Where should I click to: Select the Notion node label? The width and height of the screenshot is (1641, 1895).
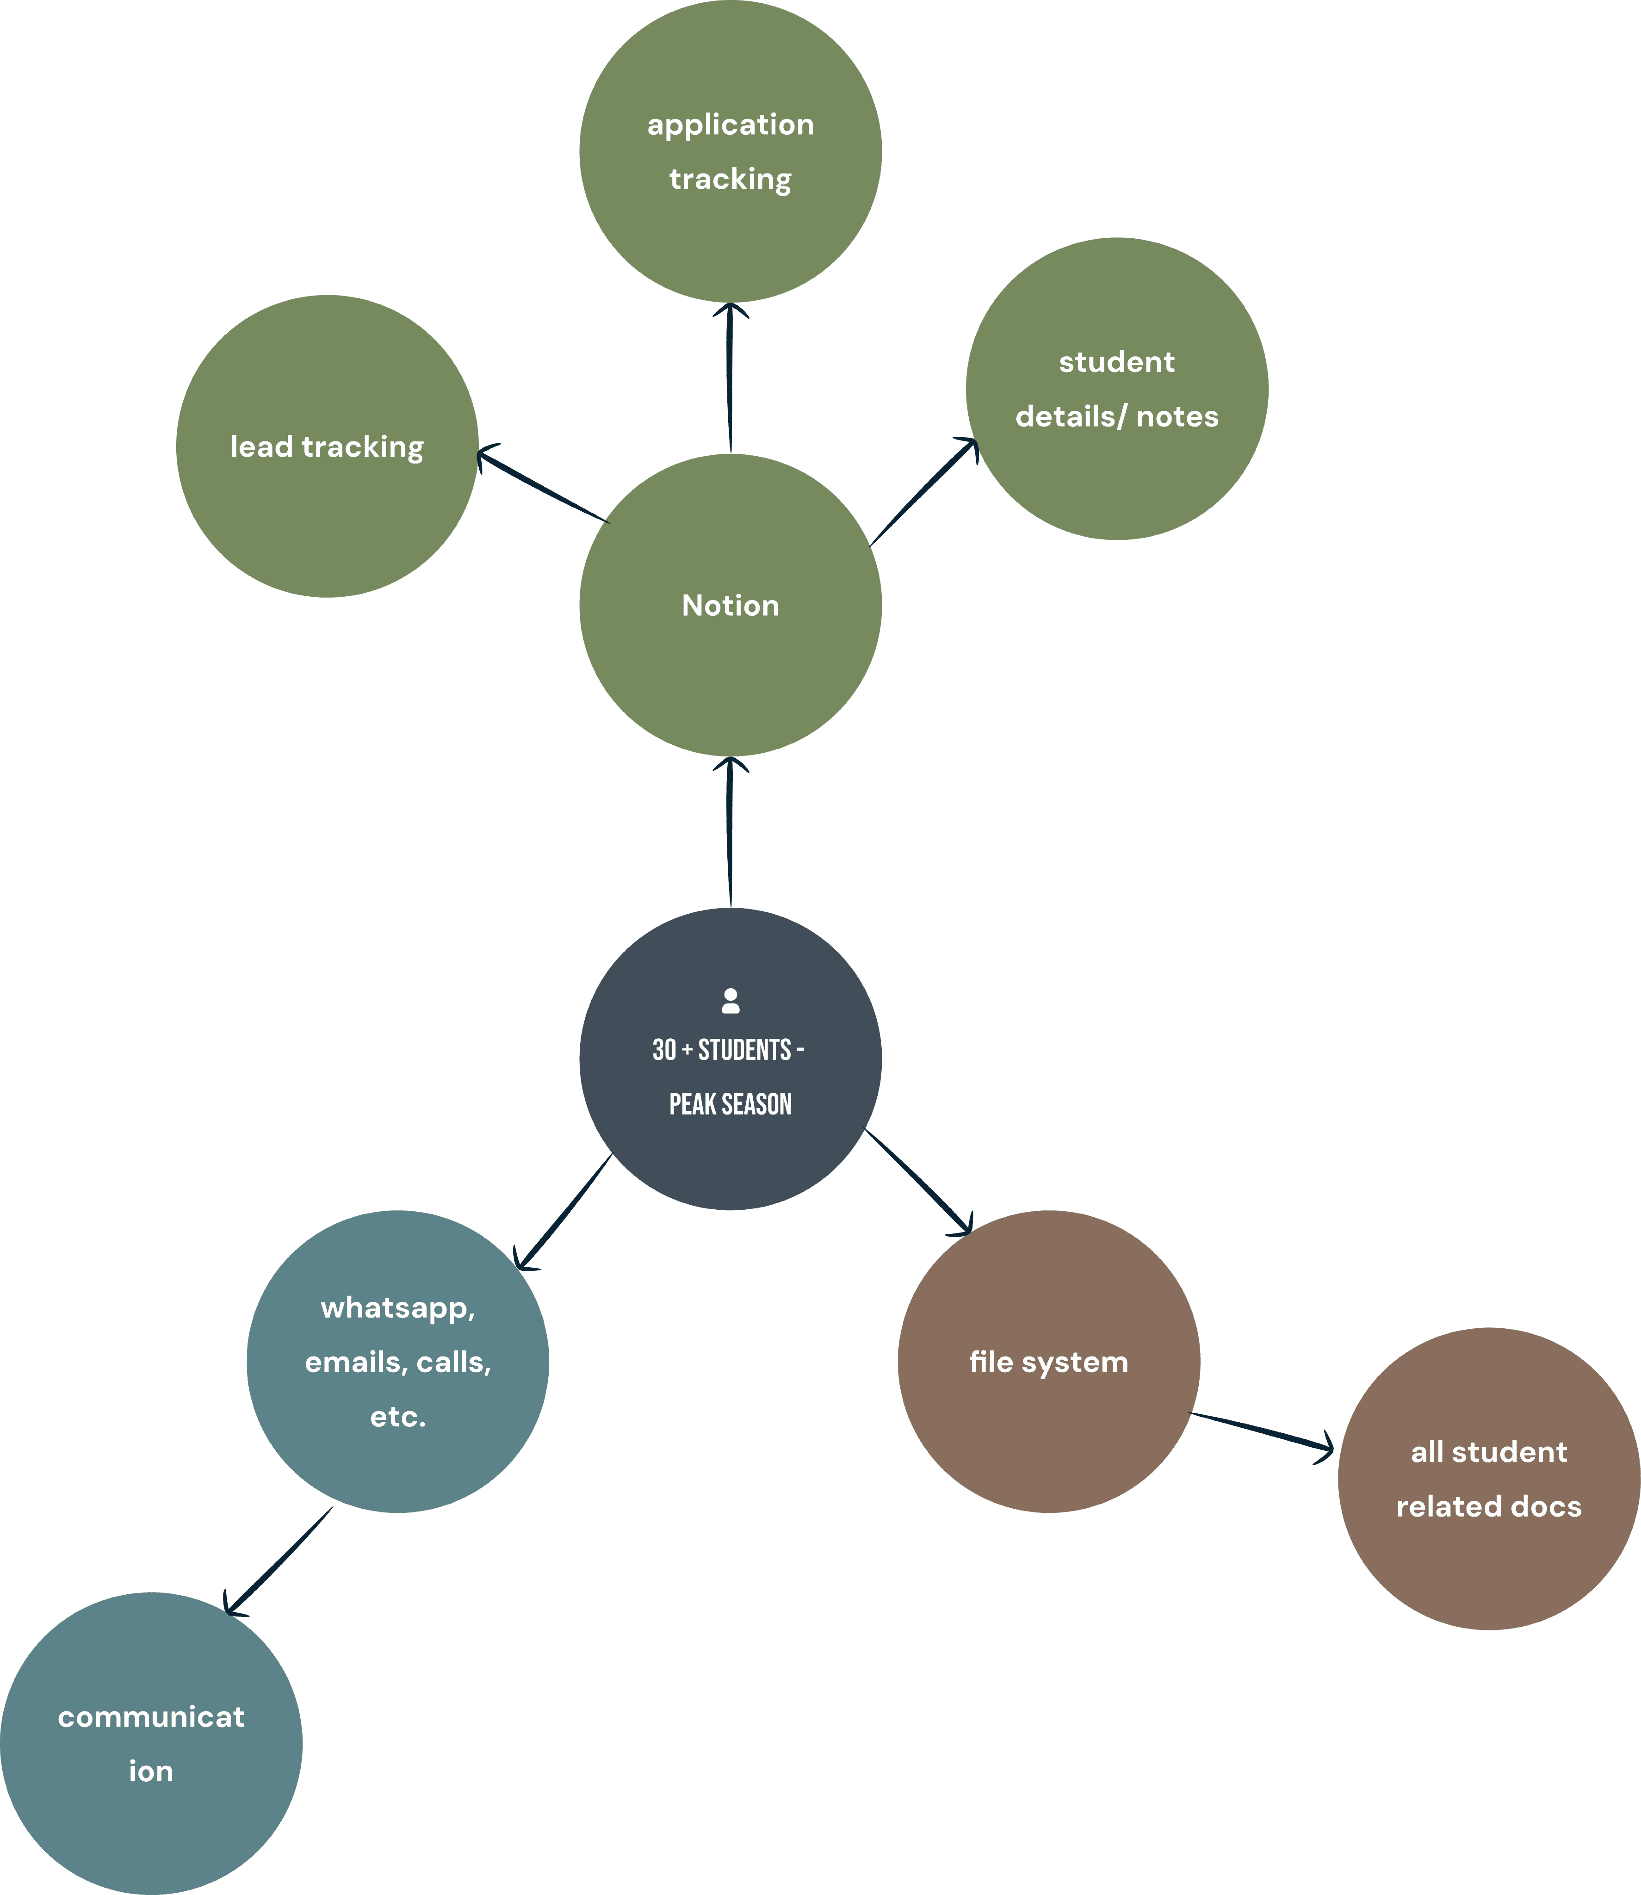point(730,605)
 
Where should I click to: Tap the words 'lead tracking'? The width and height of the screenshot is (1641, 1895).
point(327,447)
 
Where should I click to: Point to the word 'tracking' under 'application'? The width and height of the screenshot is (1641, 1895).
point(730,180)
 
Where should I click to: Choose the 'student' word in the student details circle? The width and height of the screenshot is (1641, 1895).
point(1116,362)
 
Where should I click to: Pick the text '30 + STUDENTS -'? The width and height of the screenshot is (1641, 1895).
point(728,1049)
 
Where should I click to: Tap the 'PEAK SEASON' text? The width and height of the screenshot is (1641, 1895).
point(730,1104)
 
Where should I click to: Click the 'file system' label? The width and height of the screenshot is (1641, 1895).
point(1048,1362)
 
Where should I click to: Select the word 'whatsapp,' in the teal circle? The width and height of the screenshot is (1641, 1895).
point(397,1308)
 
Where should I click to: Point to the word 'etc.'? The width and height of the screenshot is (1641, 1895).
point(397,1417)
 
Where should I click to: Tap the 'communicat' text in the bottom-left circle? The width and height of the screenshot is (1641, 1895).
point(151,1716)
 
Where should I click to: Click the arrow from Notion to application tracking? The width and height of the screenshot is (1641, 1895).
point(730,377)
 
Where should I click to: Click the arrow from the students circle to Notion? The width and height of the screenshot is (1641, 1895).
point(730,832)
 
